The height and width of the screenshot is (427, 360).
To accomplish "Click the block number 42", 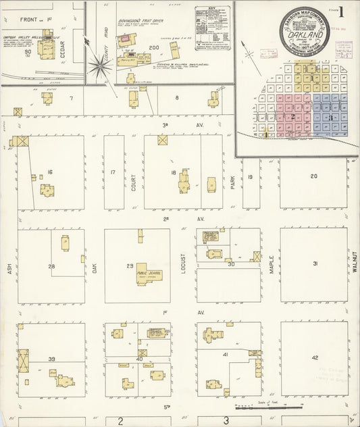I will pyautogui.click(x=314, y=357).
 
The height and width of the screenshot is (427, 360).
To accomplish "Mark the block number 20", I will pyautogui.click(x=313, y=176).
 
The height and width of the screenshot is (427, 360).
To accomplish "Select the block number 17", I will pyautogui.click(x=113, y=173).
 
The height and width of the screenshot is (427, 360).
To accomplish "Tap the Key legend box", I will pyautogui.click(x=213, y=28).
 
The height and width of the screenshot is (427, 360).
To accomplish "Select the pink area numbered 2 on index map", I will pyautogui.click(x=291, y=116).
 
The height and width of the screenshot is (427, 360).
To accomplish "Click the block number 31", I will pyautogui.click(x=314, y=263).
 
